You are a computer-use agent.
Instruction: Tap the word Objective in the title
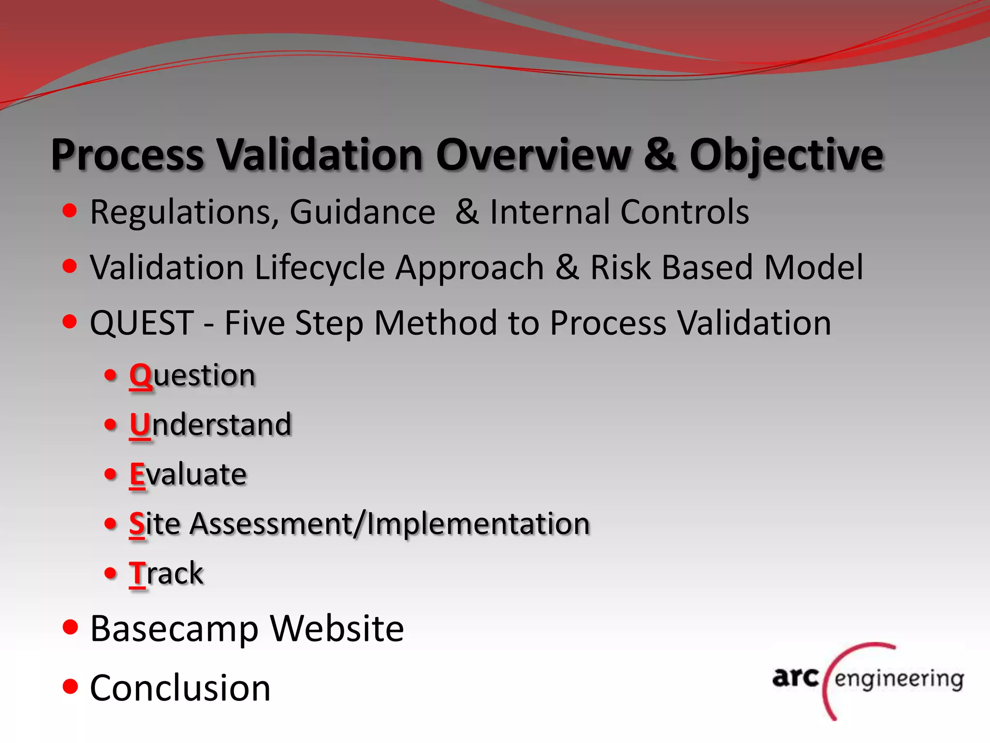coord(786,156)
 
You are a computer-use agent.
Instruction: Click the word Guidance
coord(363,213)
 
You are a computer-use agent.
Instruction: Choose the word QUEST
coord(142,323)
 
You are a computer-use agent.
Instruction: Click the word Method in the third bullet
coord(436,323)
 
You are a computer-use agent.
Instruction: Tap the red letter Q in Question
coord(141,376)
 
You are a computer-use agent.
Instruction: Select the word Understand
coord(211,425)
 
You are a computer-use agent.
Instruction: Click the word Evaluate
coord(188,474)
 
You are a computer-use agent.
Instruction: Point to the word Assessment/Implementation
coord(390,524)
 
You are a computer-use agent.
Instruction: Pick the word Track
coord(166,574)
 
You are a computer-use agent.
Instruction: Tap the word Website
coord(337,629)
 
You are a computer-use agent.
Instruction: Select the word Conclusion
coord(180,688)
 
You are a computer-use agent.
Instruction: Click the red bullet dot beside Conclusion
coord(71,686)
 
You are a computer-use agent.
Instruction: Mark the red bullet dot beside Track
coord(111,573)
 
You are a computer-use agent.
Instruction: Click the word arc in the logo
coord(795,677)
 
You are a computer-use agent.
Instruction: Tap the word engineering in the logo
coord(899,680)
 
